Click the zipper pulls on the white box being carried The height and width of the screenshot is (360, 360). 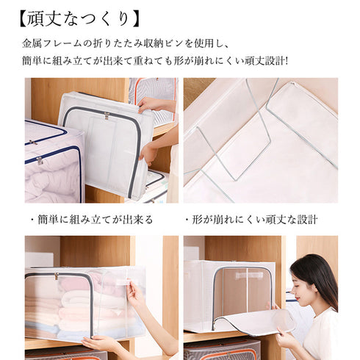pyautogui.click(x=107, y=115)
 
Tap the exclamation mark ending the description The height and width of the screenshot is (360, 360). pyautogui.click(x=286, y=62)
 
